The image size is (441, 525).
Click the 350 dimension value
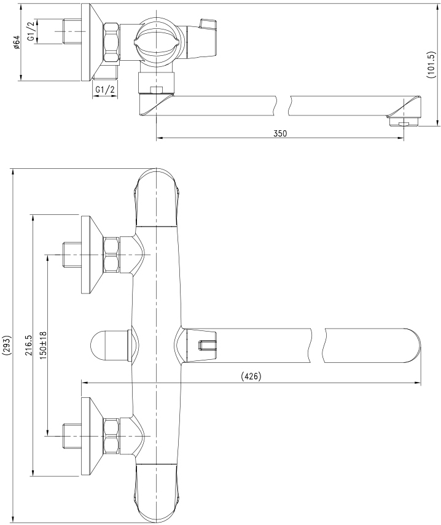point(280,133)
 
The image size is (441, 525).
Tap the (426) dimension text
point(251,376)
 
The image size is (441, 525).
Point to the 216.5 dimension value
point(28,345)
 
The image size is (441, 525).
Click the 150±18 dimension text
point(43,346)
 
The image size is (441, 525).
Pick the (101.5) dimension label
point(431,65)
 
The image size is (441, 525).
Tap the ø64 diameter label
point(17,43)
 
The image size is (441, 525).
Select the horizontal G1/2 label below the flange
point(105,90)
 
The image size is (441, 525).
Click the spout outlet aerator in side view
point(403,122)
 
